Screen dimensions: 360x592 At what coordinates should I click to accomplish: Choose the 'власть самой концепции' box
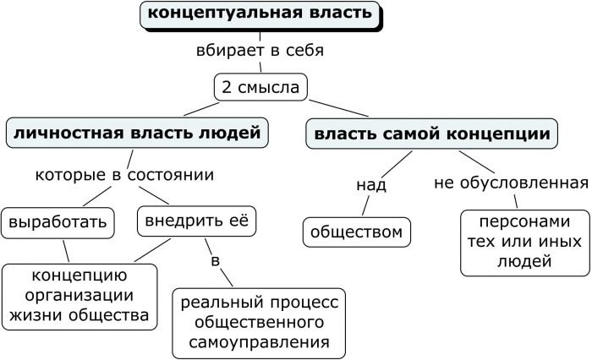[433, 133]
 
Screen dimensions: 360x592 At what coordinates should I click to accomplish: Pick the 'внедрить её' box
[195, 223]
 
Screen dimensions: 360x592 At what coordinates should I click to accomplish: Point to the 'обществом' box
[356, 232]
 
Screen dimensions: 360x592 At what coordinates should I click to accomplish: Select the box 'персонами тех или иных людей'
[525, 243]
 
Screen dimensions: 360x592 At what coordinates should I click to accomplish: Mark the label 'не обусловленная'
[511, 183]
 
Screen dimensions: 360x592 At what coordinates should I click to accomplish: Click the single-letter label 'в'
[215, 261]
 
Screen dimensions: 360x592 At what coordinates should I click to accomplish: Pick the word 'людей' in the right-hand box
[525, 263]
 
